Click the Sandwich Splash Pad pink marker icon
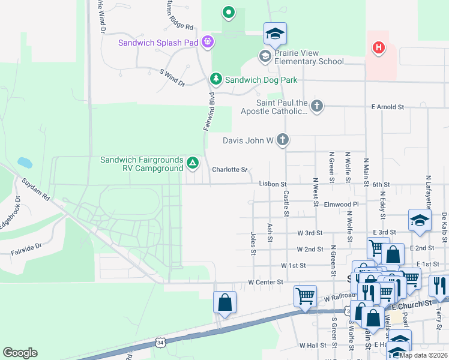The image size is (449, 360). point(208,42)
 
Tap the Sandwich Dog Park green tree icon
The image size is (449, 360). point(215,79)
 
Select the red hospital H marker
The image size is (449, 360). point(378,47)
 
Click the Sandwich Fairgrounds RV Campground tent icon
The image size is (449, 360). point(193,162)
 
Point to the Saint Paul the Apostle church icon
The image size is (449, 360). point(317,106)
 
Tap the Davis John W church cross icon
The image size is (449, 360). point(283,140)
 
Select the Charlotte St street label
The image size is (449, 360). point(229,170)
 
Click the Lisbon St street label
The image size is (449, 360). point(273,184)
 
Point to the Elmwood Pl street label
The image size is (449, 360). point(341,205)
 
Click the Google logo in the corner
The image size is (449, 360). point(20,353)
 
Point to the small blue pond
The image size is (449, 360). point(25,162)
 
